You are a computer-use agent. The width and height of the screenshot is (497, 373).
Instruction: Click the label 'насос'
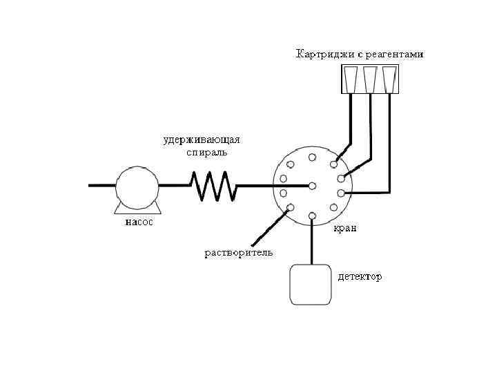point(139,223)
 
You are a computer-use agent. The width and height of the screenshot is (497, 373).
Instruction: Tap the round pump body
point(137,185)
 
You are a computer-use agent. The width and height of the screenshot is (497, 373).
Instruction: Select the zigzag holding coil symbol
point(213,186)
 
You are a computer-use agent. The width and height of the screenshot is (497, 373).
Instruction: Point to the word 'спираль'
point(206,152)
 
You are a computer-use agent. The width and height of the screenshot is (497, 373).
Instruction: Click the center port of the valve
point(313,186)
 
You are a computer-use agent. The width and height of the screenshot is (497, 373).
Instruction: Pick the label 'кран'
point(345,228)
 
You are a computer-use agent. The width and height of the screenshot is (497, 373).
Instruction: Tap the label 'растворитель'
point(238,252)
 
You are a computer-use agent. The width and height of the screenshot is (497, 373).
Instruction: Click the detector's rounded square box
point(311,285)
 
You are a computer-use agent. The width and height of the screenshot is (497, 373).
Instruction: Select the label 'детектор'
point(359,277)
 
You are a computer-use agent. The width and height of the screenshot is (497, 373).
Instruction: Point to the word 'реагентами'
point(395,54)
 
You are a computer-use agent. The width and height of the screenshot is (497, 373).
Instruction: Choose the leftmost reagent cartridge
point(352,79)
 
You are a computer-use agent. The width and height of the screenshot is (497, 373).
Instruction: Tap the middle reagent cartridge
point(371,79)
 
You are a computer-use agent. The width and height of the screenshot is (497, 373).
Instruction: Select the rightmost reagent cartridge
point(390,79)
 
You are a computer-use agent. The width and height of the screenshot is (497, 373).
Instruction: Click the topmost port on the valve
point(313,157)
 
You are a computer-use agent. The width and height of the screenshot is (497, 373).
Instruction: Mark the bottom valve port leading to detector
point(313,216)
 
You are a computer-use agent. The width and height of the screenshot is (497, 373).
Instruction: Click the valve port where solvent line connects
point(291,207)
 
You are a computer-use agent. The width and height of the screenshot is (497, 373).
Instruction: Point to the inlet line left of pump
point(101,185)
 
